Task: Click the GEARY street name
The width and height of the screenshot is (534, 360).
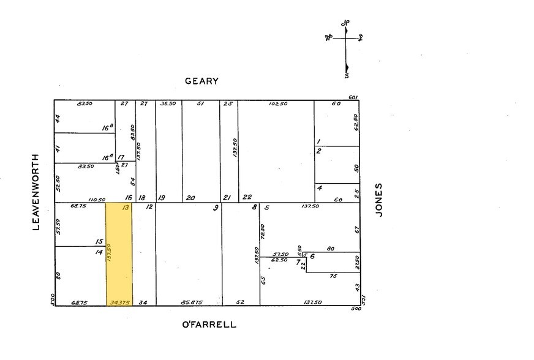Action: pos(202,81)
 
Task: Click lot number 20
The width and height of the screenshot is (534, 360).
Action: pos(190,198)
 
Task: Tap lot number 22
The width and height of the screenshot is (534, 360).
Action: pos(247,197)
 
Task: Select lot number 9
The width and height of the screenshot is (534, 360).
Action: pos(215,208)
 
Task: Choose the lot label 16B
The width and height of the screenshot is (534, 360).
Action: pos(108,129)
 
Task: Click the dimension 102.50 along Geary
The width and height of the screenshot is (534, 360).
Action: pos(277,104)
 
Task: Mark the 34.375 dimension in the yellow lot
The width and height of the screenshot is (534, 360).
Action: pos(119,302)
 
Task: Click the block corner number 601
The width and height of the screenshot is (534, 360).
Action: pos(352,97)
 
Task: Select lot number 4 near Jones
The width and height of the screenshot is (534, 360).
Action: pos(320,187)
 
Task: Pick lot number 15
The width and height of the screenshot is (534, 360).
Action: pos(99,242)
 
